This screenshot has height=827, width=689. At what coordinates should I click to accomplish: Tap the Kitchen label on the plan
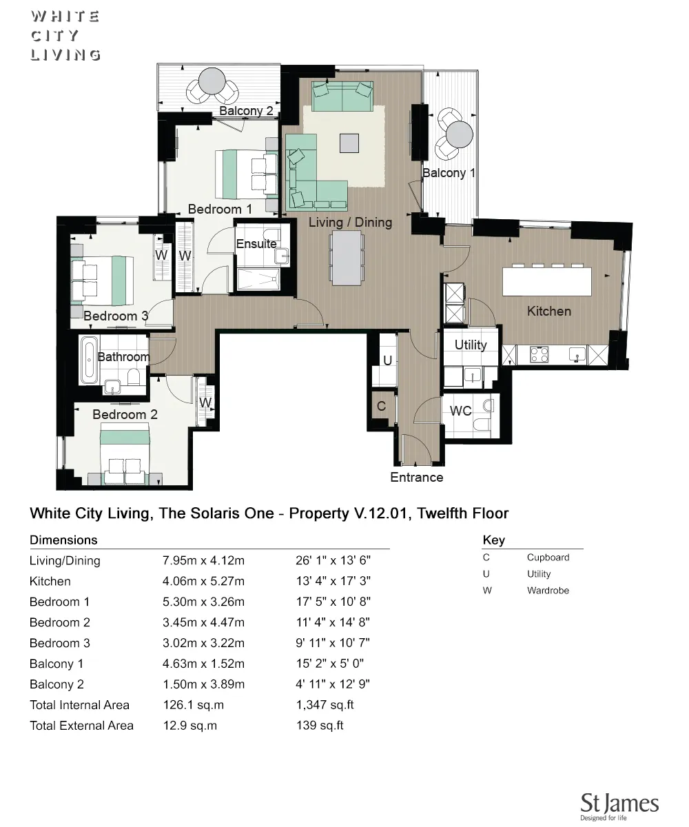[x=548, y=311]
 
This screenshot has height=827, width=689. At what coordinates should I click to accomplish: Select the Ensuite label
[x=256, y=244]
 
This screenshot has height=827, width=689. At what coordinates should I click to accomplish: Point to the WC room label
[x=460, y=411]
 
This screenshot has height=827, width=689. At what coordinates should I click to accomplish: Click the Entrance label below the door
[x=416, y=477]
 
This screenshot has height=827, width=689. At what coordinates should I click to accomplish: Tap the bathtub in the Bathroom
[x=88, y=359]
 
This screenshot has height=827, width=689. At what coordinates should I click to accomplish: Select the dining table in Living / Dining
[x=347, y=257]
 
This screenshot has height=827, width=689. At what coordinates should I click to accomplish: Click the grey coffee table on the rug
[x=349, y=143]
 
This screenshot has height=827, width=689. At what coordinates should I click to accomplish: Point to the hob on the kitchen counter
[x=539, y=355]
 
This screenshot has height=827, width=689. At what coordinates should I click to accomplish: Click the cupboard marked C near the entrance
[x=381, y=407]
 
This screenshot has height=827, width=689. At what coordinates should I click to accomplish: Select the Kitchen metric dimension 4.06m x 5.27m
[x=203, y=581]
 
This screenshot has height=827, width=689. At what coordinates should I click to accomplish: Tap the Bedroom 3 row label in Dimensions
[x=60, y=643]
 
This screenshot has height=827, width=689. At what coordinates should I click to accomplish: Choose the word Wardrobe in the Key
[x=548, y=591]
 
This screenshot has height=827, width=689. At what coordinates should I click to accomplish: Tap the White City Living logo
[x=65, y=36]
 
